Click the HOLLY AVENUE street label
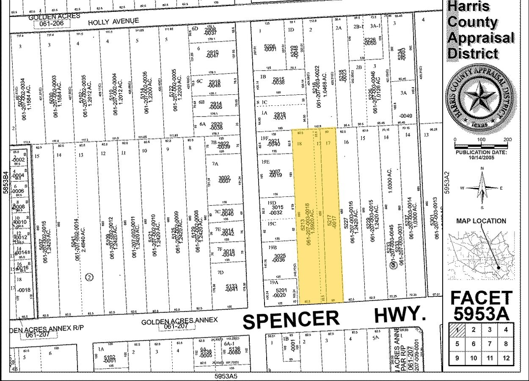tap(113, 21)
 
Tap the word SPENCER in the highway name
tap(291, 320)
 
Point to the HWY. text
tap(400, 315)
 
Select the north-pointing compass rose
tap(482, 188)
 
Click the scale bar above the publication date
tap(481, 146)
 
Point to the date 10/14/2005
tap(481, 157)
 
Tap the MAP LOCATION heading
tap(481, 221)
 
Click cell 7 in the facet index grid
tap(490, 344)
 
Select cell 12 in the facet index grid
tap(506, 358)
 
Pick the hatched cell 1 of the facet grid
tap(457, 330)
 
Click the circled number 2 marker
tap(89, 277)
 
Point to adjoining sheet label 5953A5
tap(226, 376)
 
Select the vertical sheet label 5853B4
tap(6, 182)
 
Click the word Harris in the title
tap(469, 6)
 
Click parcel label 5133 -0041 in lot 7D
tap(231, 288)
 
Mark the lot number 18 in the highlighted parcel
tap(300, 144)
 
